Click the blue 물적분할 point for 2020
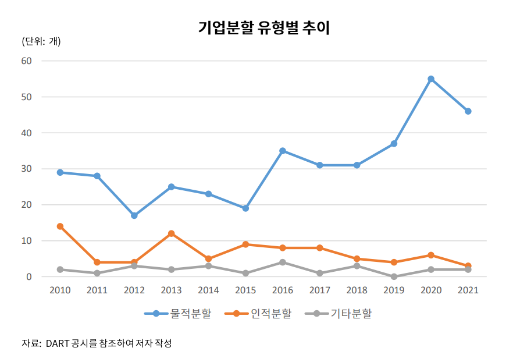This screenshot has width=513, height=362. tap(431, 79)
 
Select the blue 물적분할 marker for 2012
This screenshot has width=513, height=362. tap(134, 215)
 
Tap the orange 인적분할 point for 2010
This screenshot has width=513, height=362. tap(60, 226)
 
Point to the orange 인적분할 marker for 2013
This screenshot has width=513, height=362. tap(171, 233)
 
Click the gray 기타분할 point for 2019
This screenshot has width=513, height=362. tap(394, 277)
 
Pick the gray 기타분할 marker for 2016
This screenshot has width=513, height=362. tap(283, 262)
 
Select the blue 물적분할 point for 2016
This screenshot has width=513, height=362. tap(283, 151)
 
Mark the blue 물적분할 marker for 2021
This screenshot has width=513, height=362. tap(468, 111)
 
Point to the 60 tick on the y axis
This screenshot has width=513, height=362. tap(27, 61)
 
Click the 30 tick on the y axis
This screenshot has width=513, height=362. tap(27, 169)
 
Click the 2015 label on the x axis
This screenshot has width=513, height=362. tap(245, 290)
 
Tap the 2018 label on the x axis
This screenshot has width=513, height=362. tap(357, 290)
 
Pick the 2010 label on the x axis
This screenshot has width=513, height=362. tap(60, 290)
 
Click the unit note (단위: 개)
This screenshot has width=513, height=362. tap(41, 42)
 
